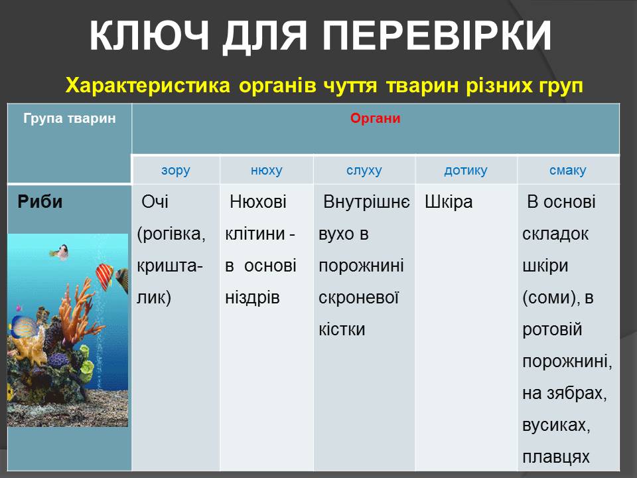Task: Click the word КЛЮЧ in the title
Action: (x=149, y=36)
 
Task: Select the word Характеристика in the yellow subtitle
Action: (x=148, y=86)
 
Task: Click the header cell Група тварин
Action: (x=70, y=118)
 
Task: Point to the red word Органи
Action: (x=376, y=118)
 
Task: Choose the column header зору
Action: (x=175, y=171)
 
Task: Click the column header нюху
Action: (x=267, y=171)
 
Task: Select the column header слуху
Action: (x=364, y=171)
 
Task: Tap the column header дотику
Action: (x=466, y=171)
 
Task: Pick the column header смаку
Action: (x=568, y=171)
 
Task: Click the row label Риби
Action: (x=40, y=202)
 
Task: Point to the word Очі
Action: (x=155, y=202)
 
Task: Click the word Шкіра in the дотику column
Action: (x=449, y=202)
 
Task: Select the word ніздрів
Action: (x=252, y=298)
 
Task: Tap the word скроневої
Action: (x=359, y=298)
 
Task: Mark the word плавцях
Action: (x=556, y=457)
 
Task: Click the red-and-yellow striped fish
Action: (x=104, y=276)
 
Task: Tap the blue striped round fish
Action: (x=24, y=327)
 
